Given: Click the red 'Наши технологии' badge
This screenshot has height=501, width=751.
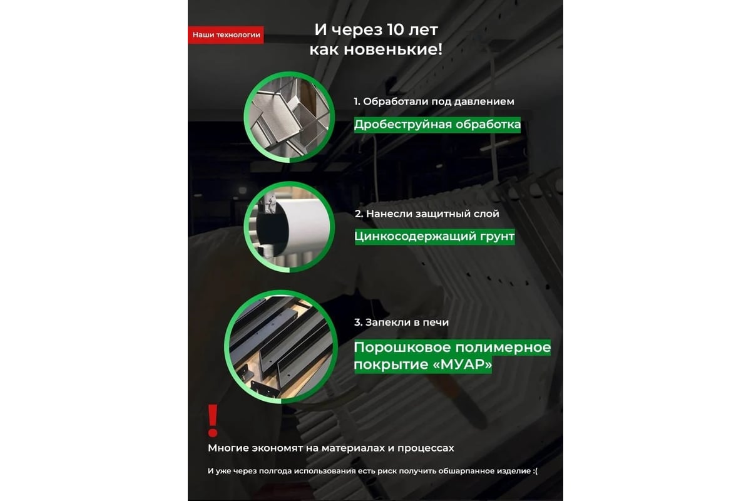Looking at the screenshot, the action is point(226,35).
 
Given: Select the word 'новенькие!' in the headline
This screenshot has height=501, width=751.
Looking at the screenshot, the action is point(393,49).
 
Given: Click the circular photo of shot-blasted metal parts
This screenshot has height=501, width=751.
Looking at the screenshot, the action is point(289,117).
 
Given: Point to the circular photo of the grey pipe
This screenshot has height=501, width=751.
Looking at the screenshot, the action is point(289,227).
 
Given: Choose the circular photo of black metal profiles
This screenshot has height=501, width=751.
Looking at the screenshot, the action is point(281,347).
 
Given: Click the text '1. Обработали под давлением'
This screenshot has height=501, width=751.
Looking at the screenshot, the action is point(434,101).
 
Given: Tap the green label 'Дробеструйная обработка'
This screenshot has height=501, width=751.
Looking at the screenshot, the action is point(437,125).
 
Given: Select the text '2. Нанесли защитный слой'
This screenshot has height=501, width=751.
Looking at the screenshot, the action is point(427,214).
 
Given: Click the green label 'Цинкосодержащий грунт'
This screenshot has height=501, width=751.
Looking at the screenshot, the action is point(434,237).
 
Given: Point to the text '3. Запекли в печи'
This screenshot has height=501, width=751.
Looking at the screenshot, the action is point(401,322).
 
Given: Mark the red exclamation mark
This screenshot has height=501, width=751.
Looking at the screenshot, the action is point(213,421).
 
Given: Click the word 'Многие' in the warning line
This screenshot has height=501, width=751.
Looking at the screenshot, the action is point(228,448).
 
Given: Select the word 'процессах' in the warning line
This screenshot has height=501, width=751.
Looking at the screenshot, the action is point(426,448).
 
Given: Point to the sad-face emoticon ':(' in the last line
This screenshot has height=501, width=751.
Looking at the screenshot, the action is point(534,471).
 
